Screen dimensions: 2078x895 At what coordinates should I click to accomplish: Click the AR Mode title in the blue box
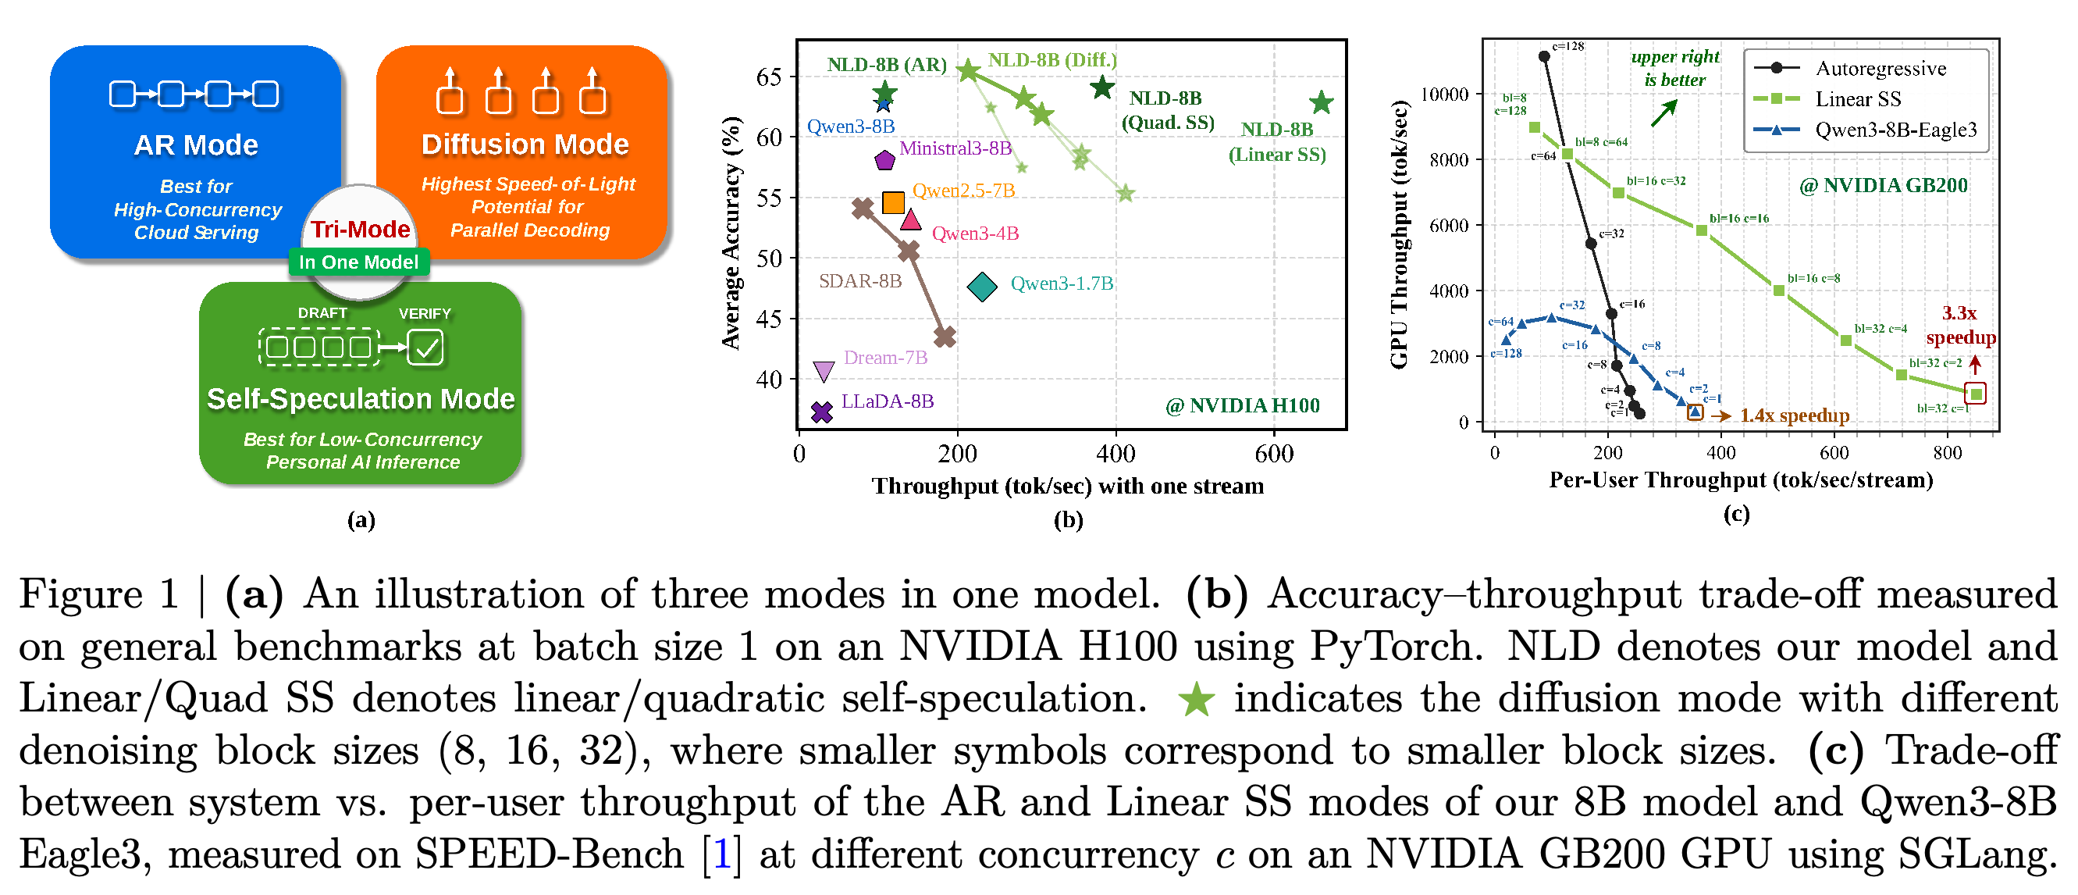pos(196,145)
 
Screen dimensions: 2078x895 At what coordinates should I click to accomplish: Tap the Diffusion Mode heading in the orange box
pos(525,144)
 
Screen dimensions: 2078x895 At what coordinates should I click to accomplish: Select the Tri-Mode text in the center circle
pos(361,229)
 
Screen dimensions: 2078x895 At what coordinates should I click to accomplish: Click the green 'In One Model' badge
pos(359,262)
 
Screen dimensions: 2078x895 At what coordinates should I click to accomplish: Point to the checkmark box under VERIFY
pos(425,348)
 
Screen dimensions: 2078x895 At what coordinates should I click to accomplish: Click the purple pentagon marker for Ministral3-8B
pos(885,160)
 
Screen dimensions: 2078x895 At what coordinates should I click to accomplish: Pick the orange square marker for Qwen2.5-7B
pos(893,202)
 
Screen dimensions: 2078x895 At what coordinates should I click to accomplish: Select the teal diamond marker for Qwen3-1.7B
pos(982,287)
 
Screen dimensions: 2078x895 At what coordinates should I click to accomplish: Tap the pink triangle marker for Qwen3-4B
pos(911,219)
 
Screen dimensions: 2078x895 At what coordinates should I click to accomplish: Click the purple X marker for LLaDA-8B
pos(822,412)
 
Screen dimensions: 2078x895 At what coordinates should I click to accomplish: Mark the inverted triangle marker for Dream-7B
pos(824,371)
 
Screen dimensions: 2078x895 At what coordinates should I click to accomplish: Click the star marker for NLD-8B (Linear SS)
pos(1322,102)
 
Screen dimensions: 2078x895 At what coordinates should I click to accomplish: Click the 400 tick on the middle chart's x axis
pos(1116,454)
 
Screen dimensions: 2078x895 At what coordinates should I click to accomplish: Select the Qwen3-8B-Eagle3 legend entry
pos(1866,130)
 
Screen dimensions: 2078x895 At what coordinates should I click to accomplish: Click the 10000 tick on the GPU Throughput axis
pos(1444,94)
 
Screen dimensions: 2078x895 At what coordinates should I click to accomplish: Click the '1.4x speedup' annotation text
pos(1795,415)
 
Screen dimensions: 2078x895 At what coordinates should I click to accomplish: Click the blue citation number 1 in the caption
pos(722,854)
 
